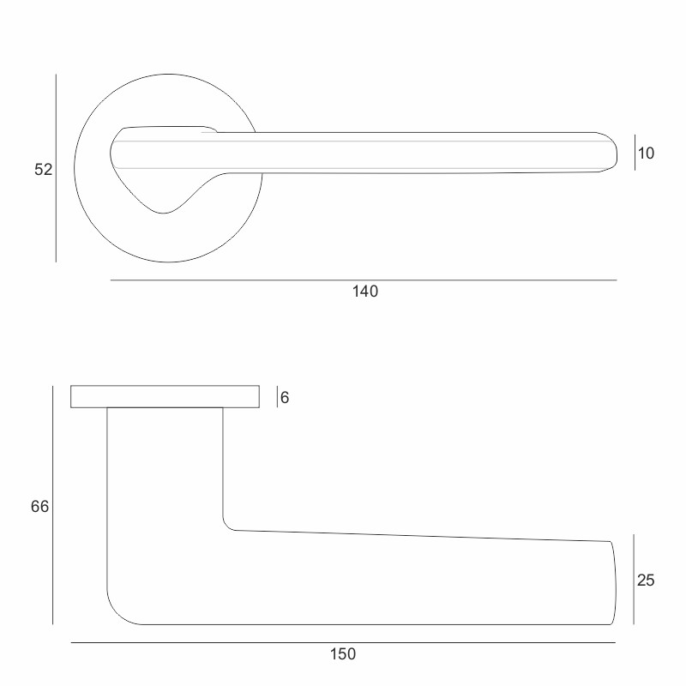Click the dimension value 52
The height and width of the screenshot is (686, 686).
[44, 169]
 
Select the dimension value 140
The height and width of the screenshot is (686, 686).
[365, 292]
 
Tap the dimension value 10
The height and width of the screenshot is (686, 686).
[647, 153]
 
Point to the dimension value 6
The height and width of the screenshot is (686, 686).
[285, 397]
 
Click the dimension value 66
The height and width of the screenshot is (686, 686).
[39, 507]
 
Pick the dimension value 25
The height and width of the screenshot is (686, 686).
[646, 581]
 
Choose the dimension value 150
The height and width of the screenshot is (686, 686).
[343, 654]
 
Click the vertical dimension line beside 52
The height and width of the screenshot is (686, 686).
[56, 168]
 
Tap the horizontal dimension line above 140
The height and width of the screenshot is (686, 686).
[364, 280]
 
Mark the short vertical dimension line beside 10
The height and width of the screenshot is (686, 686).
[635, 153]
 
